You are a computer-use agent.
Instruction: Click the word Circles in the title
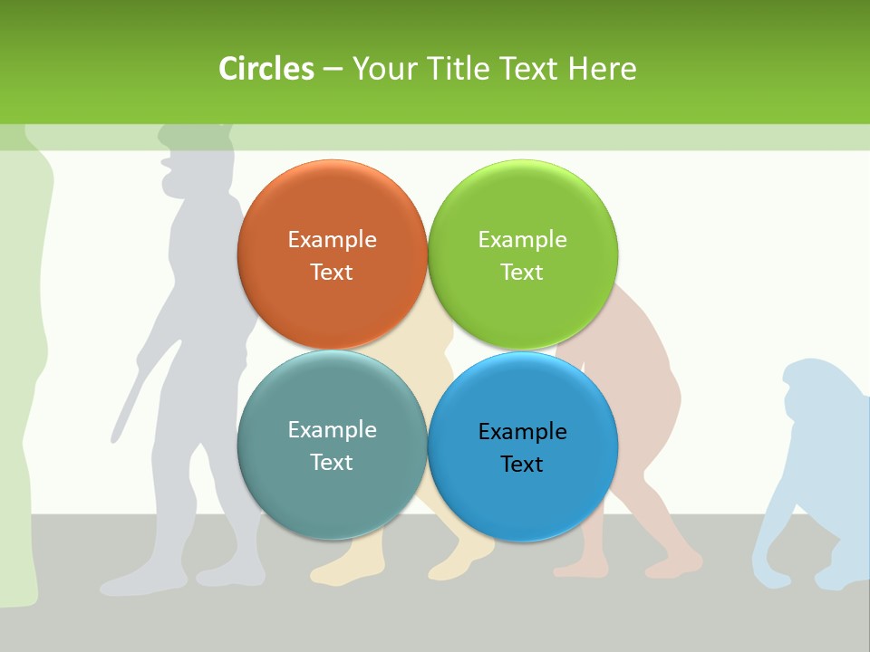click(266, 69)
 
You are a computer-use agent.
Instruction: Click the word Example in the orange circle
click(332, 240)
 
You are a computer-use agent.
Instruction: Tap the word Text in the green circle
click(522, 273)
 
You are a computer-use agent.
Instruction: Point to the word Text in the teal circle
click(332, 463)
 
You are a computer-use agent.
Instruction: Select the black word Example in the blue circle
click(522, 432)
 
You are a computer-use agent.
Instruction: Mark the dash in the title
click(333, 70)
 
